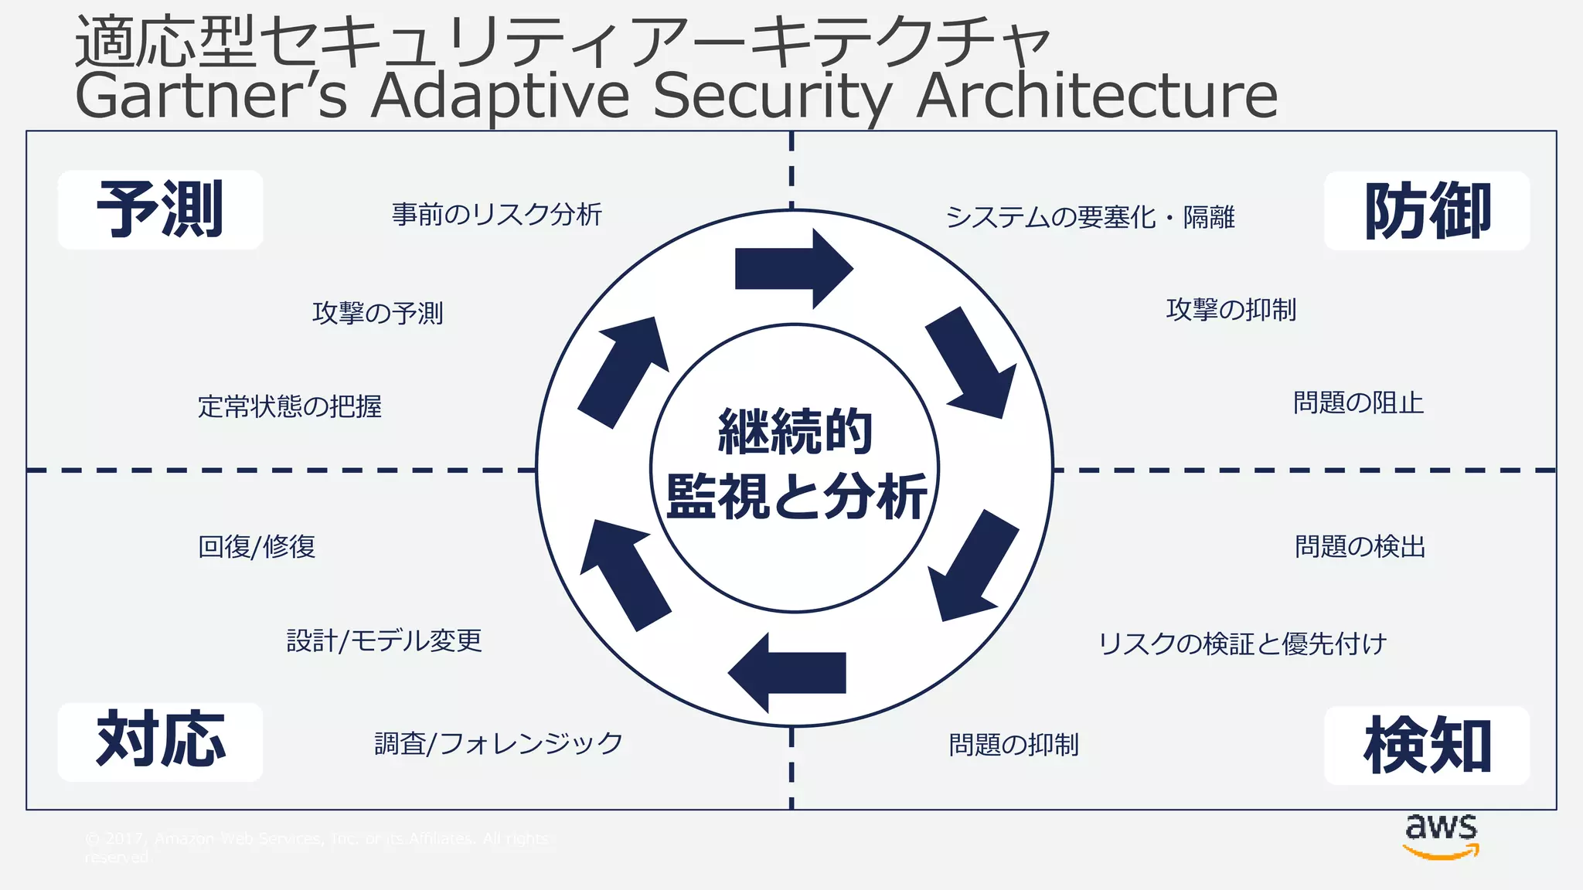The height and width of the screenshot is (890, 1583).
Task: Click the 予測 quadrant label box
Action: pos(160,209)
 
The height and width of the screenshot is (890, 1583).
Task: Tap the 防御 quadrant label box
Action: pos(1426,211)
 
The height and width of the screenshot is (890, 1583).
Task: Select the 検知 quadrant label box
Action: pos(1426,745)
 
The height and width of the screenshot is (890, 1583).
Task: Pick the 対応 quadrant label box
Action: pos(160,741)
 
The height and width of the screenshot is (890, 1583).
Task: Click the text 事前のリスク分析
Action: pos(496,214)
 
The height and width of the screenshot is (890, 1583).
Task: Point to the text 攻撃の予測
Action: pos(377,313)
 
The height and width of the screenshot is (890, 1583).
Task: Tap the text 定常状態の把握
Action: pos(289,406)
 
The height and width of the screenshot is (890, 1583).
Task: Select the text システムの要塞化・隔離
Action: pos(1090,217)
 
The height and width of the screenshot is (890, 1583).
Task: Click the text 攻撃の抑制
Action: pos(1231,310)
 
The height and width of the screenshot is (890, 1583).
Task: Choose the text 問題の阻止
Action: pos(1358,403)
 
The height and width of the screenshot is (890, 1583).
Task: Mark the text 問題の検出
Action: pos(1360,546)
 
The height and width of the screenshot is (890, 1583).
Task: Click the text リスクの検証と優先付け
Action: pos(1242,643)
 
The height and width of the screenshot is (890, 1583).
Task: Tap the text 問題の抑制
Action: pos(1013,745)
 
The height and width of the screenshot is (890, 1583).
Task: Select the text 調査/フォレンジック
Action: pos(499,743)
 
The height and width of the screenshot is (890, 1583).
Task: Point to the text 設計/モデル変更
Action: pos(384,640)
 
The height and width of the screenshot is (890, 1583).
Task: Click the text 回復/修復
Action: pos(257,546)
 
